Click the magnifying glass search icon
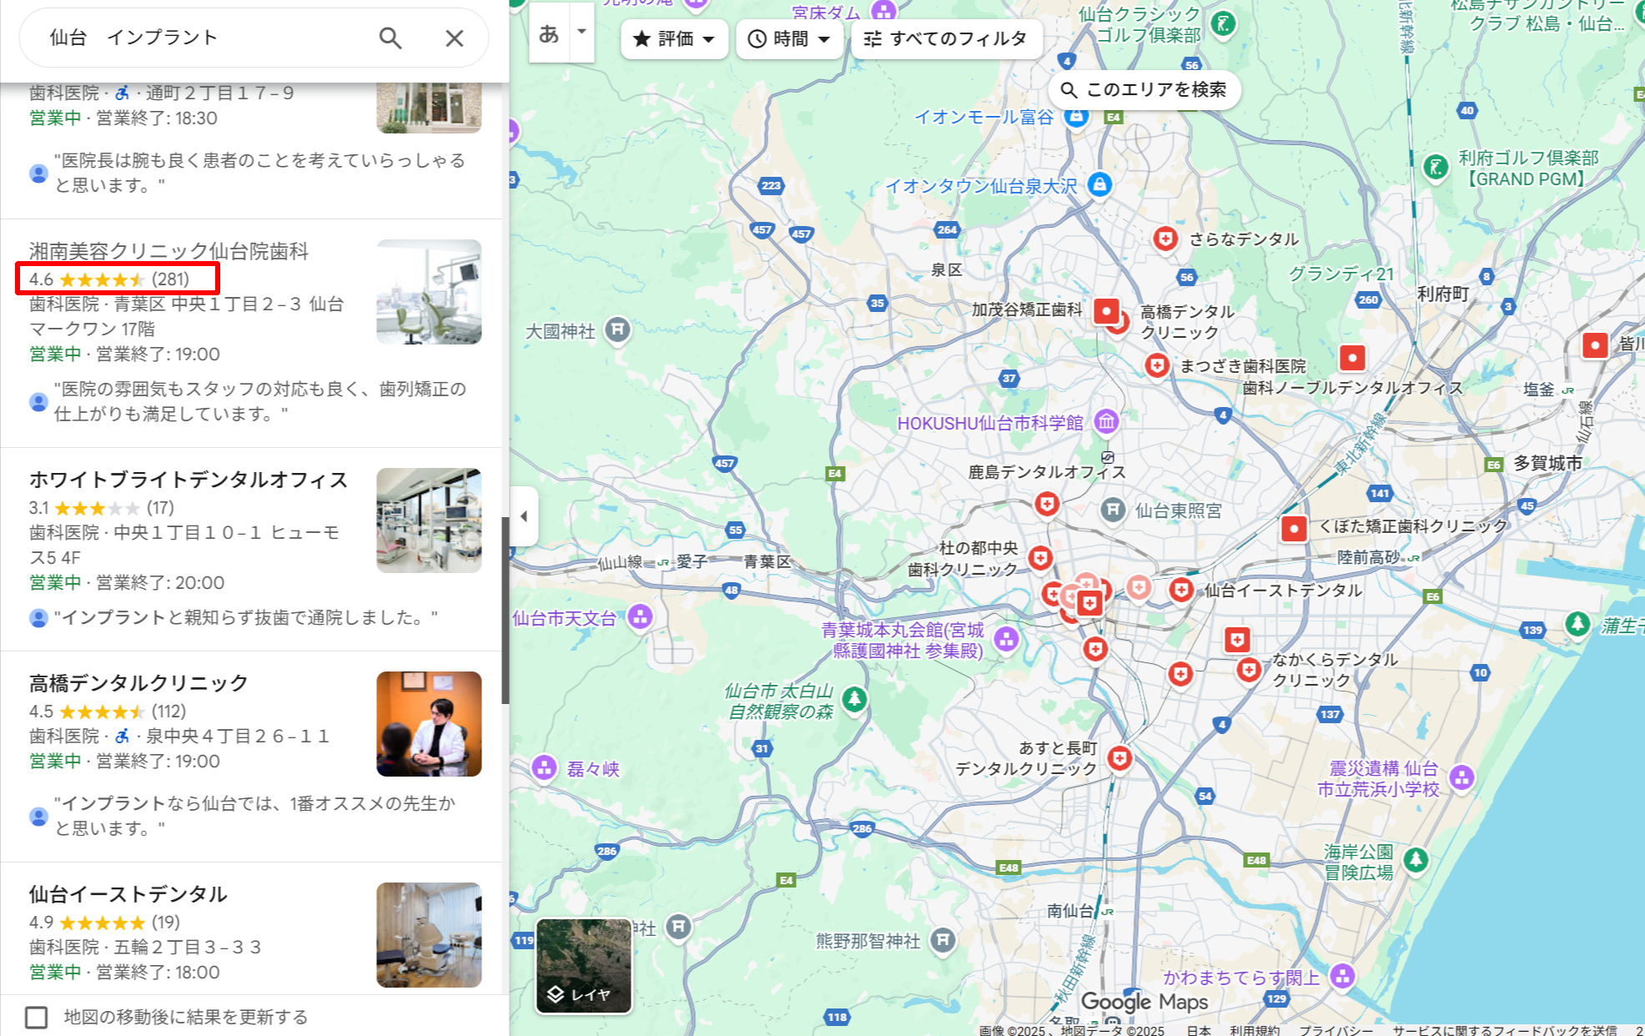pos(390,38)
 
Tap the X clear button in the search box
pos(454,38)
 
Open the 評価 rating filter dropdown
pos(674,38)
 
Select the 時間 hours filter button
pos(789,38)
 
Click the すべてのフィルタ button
pos(946,38)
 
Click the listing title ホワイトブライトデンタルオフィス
pos(189,480)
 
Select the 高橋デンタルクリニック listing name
pos(138,683)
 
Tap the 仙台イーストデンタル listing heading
pos(128,894)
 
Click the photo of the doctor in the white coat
pos(429,724)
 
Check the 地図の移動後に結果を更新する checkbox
pos(36,1017)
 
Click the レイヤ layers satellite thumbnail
pos(583,966)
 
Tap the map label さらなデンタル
pos(1244,239)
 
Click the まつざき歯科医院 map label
pos(1242,366)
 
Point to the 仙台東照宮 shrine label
pos(1178,510)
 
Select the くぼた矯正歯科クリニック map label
pos(1413,526)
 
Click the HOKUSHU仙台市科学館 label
pos(990,423)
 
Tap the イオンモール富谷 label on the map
pos(984,117)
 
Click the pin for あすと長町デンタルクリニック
pos(1119,758)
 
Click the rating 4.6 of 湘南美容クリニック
pos(41,279)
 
